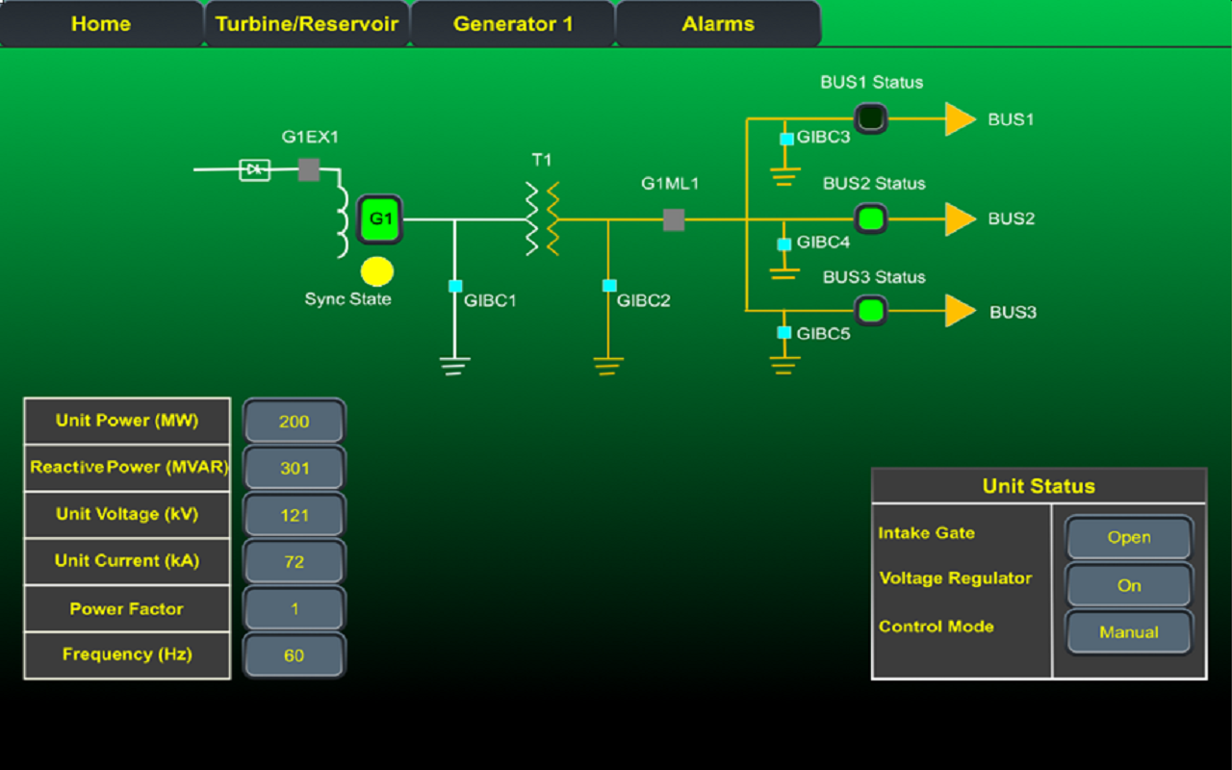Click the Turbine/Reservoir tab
tap(306, 24)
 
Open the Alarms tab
tap(718, 24)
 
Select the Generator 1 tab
tap(513, 24)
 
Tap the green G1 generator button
tap(380, 219)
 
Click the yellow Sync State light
tap(376, 272)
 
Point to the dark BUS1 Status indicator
tap(870, 118)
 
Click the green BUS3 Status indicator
tap(871, 311)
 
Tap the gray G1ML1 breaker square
tap(674, 220)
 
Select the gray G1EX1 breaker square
tap(309, 170)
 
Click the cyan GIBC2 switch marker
tap(609, 286)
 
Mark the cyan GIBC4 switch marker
tap(785, 244)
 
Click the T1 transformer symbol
tap(542, 218)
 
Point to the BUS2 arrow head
tap(960, 219)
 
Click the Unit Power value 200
tap(295, 422)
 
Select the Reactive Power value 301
tap(295, 469)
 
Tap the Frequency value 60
tap(295, 655)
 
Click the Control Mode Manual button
tap(1129, 632)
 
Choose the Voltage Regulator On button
tap(1129, 585)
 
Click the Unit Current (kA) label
tap(127, 561)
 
